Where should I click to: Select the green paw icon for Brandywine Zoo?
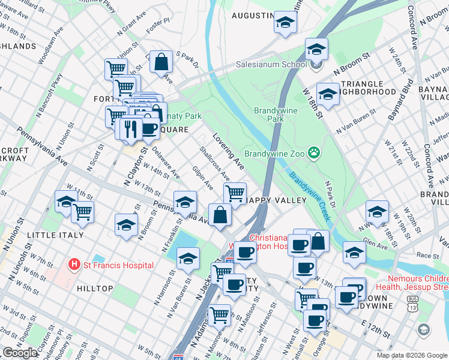point(314,153)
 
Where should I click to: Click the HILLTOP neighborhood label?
point(95,289)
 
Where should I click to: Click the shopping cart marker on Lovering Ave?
point(234,193)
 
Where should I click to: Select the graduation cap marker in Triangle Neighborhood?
point(328,93)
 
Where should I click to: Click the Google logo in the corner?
point(20,353)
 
